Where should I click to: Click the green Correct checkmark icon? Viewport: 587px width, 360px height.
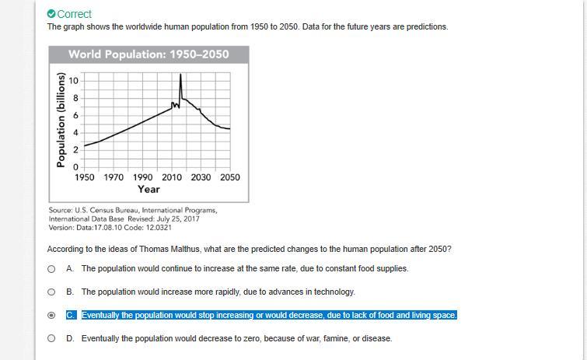tap(51, 14)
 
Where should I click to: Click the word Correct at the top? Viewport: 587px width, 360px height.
tap(75, 14)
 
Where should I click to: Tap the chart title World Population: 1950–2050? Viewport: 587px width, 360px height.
tap(148, 54)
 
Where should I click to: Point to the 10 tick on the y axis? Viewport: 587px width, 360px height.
tap(74, 81)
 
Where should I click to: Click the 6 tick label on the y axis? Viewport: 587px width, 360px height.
tap(75, 115)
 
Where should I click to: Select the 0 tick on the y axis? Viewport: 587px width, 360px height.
tap(75, 167)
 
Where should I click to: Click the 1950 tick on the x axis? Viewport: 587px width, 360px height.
tap(85, 177)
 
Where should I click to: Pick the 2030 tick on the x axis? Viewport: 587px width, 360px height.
tap(201, 177)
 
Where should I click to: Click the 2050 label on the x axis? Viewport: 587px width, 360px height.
tap(229, 177)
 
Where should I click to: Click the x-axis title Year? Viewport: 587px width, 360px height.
tap(148, 189)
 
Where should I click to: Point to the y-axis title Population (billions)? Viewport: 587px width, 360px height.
tap(60, 120)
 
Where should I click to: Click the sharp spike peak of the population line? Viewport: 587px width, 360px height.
tap(180, 75)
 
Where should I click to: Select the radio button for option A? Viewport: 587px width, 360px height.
tap(51, 269)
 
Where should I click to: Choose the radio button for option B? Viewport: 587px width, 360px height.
tap(51, 292)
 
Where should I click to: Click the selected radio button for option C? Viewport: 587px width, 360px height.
tap(51, 316)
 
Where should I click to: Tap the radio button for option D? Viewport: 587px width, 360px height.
tap(51, 339)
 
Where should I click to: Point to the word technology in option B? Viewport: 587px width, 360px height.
tap(334, 292)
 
